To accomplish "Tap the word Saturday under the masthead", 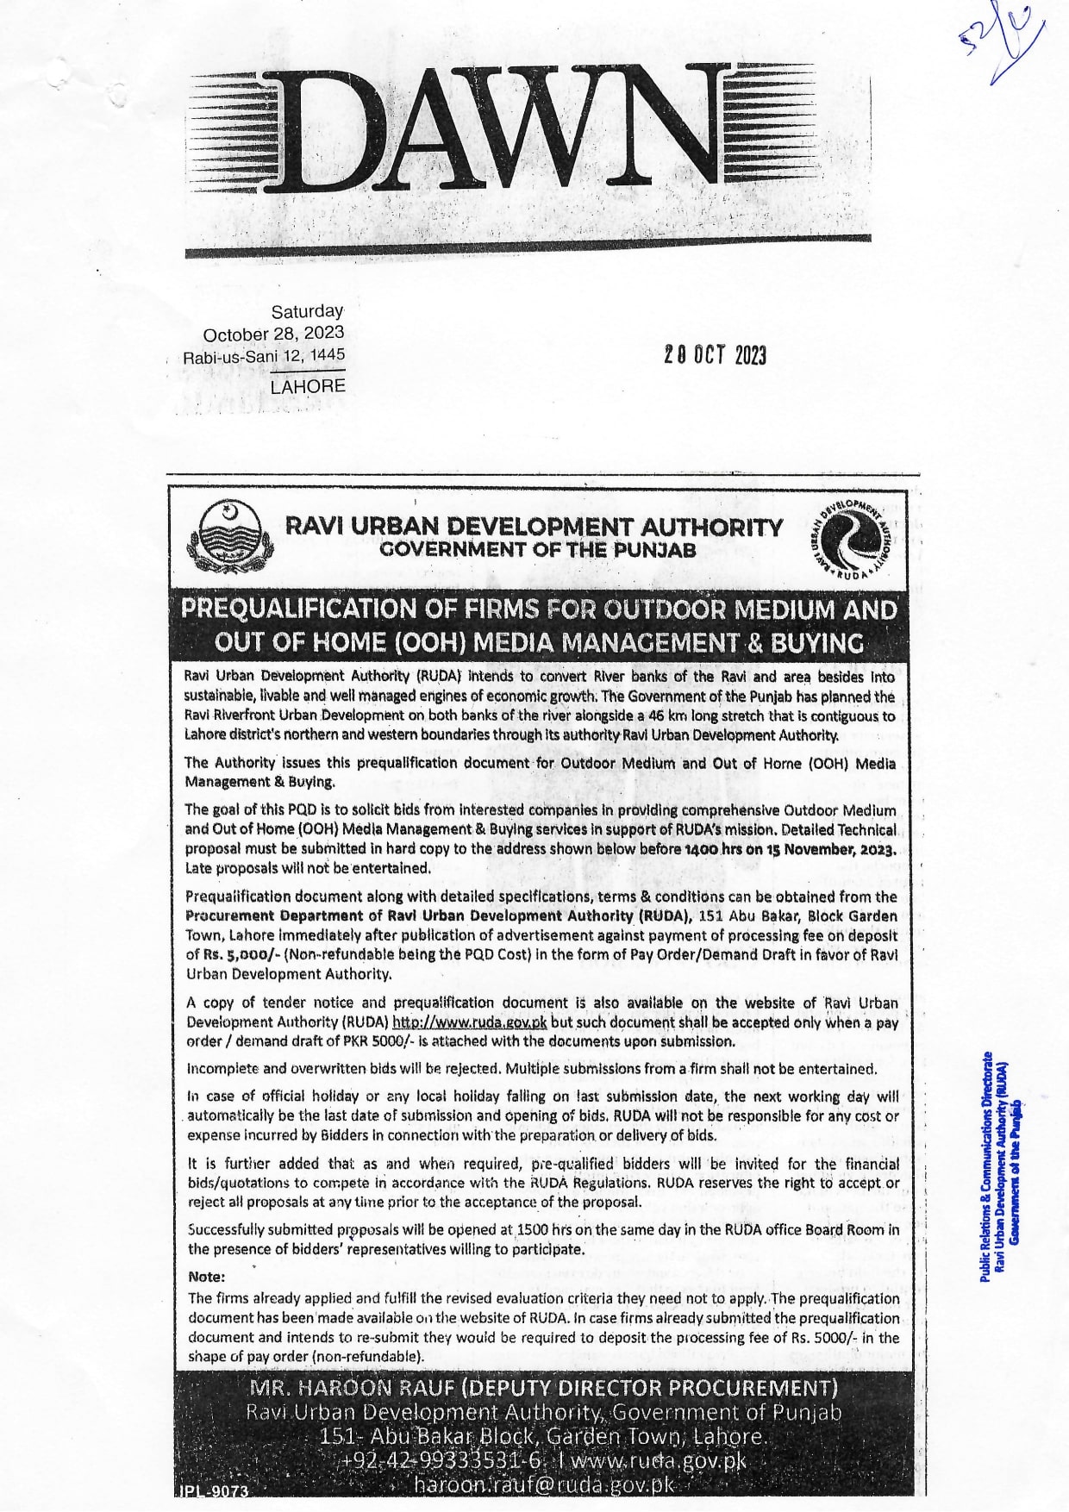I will click(307, 311).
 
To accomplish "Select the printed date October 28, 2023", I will click(273, 334).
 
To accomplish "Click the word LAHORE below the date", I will click(308, 387).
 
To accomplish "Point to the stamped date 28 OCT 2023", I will click(715, 355).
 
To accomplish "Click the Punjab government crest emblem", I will click(228, 537).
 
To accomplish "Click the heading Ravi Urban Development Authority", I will click(534, 527).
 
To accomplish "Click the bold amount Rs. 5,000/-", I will click(233, 954).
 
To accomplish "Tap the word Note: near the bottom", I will click(206, 1277).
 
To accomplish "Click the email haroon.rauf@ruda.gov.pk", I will click(543, 1485).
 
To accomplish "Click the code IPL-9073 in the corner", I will click(214, 1490).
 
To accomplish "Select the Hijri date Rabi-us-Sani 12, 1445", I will click(263, 355).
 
